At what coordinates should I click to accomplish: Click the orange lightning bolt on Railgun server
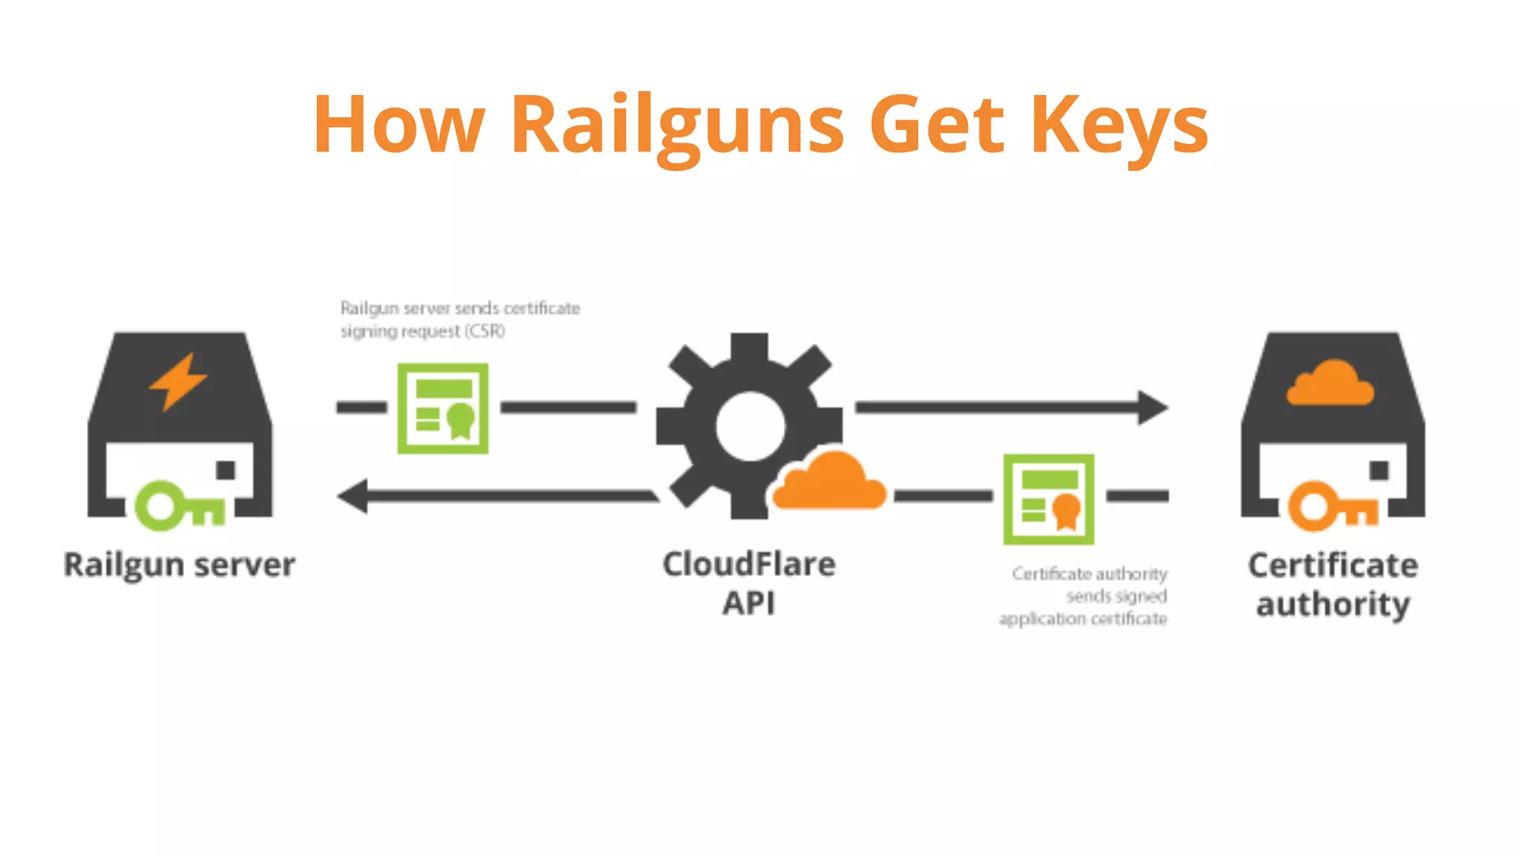tap(178, 381)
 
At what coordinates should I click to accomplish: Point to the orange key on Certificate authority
tap(1332, 506)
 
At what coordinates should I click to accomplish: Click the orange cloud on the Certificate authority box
tap(1330, 384)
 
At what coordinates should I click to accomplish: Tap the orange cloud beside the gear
tap(830, 483)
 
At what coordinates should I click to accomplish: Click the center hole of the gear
tap(750, 426)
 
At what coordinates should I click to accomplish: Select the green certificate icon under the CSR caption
tap(443, 408)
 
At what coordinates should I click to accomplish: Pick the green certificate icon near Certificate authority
tap(1049, 499)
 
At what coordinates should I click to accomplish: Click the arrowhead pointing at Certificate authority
tap(1153, 407)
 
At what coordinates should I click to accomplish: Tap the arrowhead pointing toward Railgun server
tap(353, 496)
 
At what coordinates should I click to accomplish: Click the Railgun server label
tap(180, 565)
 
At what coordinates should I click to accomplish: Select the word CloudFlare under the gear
tap(749, 564)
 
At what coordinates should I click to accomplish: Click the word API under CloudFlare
tap(749, 603)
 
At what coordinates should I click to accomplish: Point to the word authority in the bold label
tap(1333, 604)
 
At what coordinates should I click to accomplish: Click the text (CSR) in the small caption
tap(485, 331)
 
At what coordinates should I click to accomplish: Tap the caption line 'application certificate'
tap(1083, 619)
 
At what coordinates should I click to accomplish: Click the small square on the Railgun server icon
tap(226, 470)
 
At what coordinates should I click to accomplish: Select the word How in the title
tap(399, 125)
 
